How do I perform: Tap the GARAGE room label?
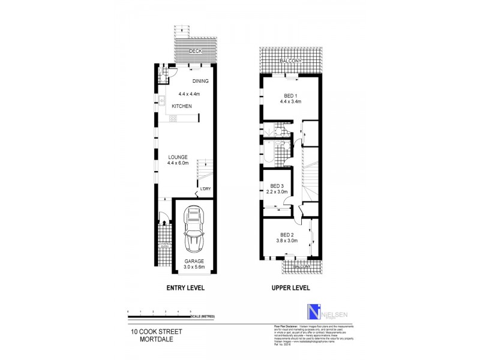tap(194, 262)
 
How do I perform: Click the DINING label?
tap(200, 81)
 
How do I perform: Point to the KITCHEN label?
tap(182, 106)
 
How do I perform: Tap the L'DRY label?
tap(206, 190)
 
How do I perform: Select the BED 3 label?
tap(277, 185)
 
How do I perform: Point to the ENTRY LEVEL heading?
tap(185, 288)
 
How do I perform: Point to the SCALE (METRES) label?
tap(202, 316)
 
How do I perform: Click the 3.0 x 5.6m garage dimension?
tap(194, 268)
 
